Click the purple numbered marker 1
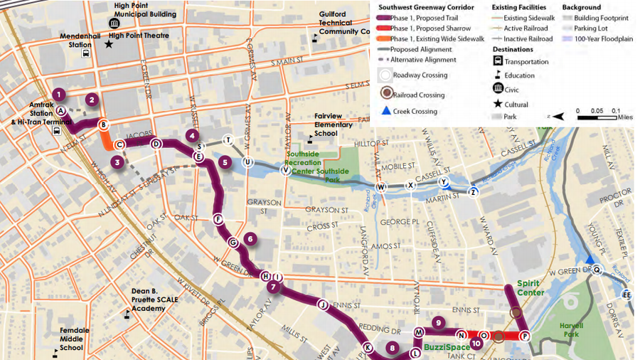(59, 94)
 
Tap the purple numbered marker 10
(476, 344)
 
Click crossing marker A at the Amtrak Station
(61, 111)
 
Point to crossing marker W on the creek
(381, 187)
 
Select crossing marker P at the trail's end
(525, 336)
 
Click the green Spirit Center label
(531, 287)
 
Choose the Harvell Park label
(571, 329)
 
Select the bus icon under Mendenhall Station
(86, 53)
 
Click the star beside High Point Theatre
(109, 44)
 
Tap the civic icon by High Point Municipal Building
(114, 23)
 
